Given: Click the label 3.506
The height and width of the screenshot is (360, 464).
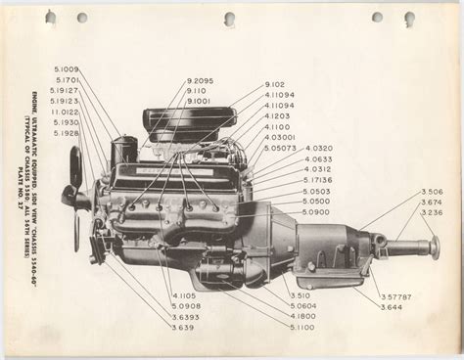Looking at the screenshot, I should tap(403, 192).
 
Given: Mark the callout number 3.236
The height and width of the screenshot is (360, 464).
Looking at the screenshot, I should tap(403, 212).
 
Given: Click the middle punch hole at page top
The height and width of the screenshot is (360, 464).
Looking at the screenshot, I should tap(229, 19).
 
